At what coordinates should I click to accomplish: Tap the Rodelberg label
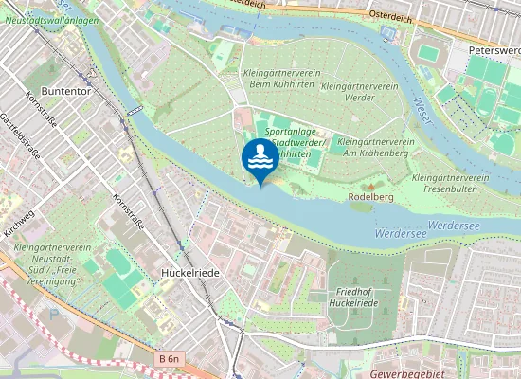coord(370,196)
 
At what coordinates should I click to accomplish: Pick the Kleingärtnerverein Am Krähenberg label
coord(376,146)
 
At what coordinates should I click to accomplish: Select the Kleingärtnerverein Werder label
coord(359,91)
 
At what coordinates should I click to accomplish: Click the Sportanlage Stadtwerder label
coord(296,142)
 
